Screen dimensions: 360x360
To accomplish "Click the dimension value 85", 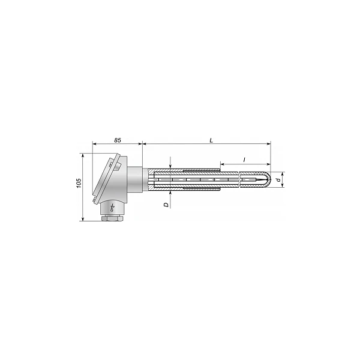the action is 118,140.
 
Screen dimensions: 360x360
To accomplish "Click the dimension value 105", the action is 79,183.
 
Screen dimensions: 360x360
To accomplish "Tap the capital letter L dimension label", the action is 211,140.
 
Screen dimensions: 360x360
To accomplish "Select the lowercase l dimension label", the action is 245,160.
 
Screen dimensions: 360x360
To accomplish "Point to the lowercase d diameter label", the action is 279,179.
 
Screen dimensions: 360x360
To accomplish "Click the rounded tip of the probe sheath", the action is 269,179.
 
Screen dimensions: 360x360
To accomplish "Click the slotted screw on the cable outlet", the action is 112,208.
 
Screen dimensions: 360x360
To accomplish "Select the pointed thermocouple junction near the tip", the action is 262,179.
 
